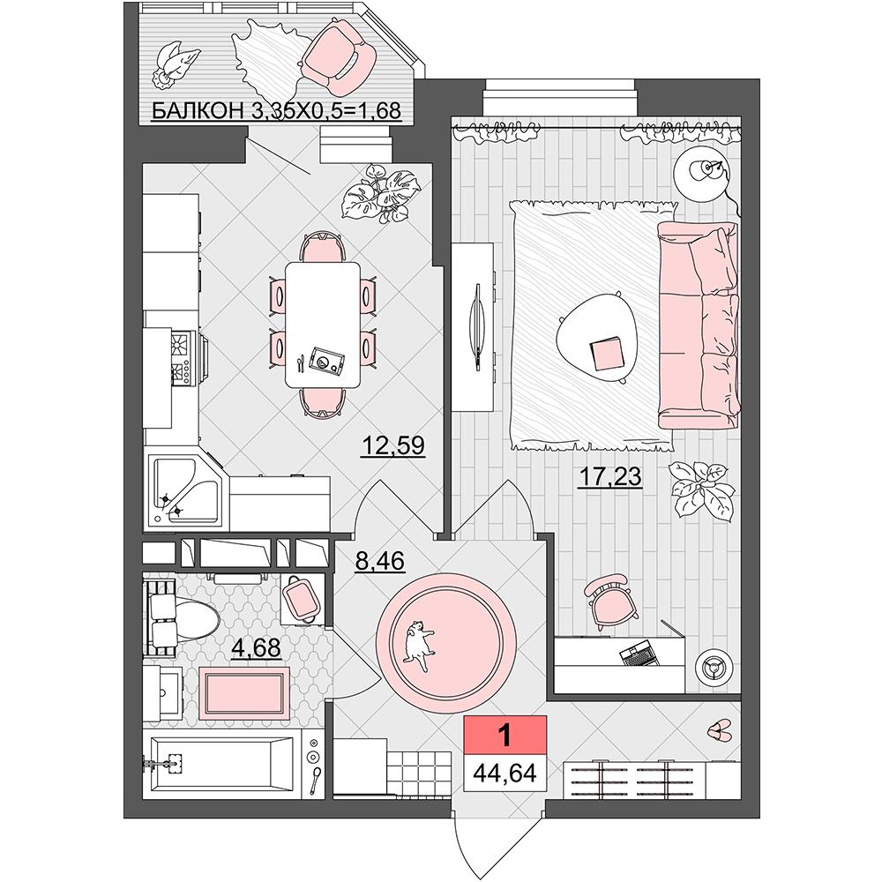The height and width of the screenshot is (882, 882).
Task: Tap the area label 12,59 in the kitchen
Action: point(393,445)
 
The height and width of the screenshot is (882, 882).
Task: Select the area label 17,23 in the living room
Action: point(610,477)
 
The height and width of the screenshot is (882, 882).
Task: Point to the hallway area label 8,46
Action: point(379,561)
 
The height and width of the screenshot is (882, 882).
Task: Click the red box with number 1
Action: point(505,736)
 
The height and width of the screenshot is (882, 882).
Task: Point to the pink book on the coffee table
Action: point(607,355)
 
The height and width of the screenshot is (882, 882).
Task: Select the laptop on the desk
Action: point(639,654)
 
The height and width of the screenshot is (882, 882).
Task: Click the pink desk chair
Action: point(609,600)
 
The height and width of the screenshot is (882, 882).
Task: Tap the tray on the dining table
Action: point(325,360)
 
